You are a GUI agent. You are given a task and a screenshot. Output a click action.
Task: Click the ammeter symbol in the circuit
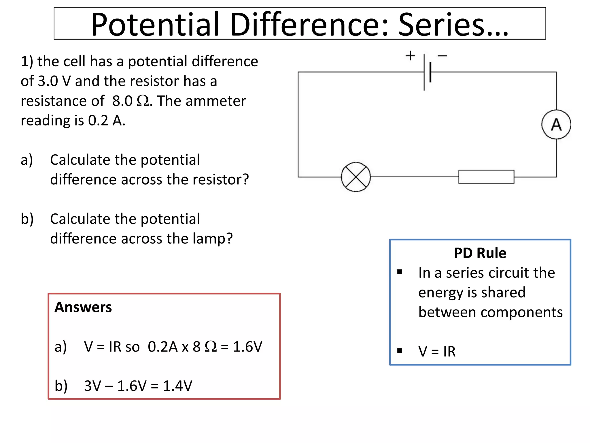tap(556, 125)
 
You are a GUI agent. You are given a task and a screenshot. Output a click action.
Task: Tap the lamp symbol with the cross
tap(356, 177)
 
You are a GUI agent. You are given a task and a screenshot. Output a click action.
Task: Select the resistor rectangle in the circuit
tap(486, 177)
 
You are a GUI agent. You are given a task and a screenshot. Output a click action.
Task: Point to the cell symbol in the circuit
tap(427, 72)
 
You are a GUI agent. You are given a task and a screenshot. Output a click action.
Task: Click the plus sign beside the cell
tap(410, 55)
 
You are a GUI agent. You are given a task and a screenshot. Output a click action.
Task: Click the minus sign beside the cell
tap(442, 56)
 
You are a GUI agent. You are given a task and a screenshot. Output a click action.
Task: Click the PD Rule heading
tap(480, 253)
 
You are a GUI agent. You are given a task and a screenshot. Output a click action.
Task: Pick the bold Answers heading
tap(83, 307)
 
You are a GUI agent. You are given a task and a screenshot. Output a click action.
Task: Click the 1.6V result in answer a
tap(247, 346)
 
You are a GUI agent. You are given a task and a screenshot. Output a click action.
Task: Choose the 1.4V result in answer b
tap(177, 386)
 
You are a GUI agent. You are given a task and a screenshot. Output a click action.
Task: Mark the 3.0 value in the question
tap(48, 81)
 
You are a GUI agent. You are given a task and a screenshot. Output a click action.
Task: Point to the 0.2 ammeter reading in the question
tap(98, 120)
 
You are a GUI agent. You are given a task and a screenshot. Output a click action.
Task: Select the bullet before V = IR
tap(400, 351)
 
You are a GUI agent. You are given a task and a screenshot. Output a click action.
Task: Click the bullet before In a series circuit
tap(400, 272)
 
